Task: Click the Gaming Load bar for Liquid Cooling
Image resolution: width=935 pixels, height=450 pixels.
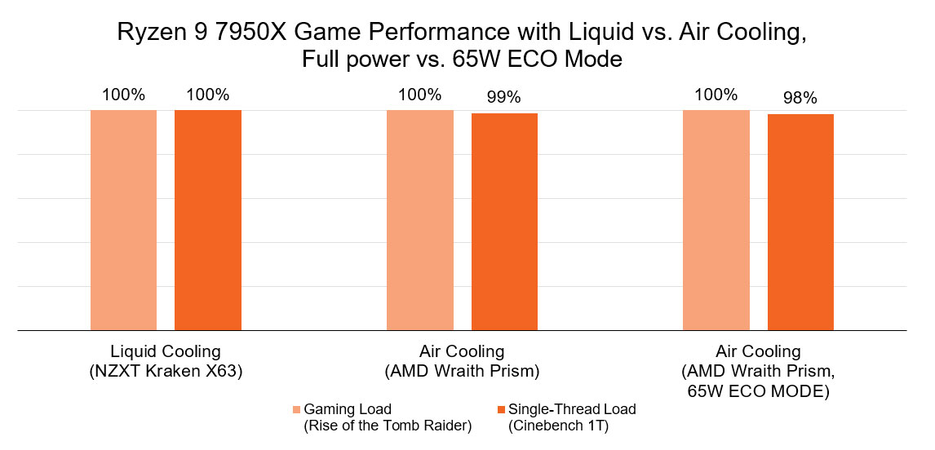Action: [123, 220]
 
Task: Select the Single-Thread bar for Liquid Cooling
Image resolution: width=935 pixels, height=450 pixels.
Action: [208, 220]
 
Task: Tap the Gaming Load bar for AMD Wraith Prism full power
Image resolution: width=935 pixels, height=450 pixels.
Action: [419, 220]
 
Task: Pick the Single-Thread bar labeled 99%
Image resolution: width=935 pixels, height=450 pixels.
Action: [504, 222]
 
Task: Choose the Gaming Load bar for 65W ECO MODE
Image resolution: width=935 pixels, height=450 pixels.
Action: [716, 220]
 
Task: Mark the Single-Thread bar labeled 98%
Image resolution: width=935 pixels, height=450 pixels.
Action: [800, 223]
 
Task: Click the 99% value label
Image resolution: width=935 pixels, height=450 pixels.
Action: [504, 98]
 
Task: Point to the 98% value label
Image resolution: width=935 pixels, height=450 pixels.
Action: [800, 99]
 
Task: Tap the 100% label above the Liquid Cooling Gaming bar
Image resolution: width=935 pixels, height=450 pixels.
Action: [123, 95]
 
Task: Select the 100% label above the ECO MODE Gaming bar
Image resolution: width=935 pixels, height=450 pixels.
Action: [716, 95]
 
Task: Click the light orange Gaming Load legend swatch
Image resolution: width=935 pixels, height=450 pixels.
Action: [297, 409]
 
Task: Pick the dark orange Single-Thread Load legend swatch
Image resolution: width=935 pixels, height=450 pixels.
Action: [501, 409]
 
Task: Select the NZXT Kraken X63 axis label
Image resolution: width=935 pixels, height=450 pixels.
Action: [166, 370]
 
